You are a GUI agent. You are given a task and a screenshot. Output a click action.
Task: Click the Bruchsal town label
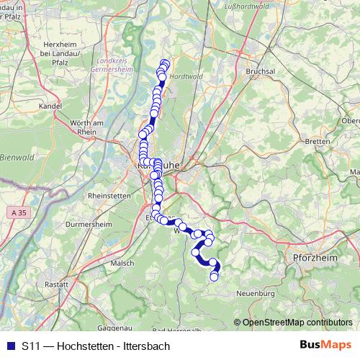click(x=261, y=73)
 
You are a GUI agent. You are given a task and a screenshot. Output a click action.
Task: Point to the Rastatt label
click(x=55, y=285)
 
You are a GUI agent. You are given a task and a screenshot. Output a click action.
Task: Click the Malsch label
click(x=122, y=264)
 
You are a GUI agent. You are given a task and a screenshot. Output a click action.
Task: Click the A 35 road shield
click(x=19, y=214)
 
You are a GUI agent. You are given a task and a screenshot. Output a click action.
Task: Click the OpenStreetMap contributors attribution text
click(x=297, y=322)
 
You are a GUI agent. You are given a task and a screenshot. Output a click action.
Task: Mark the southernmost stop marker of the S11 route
click(x=214, y=277)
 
